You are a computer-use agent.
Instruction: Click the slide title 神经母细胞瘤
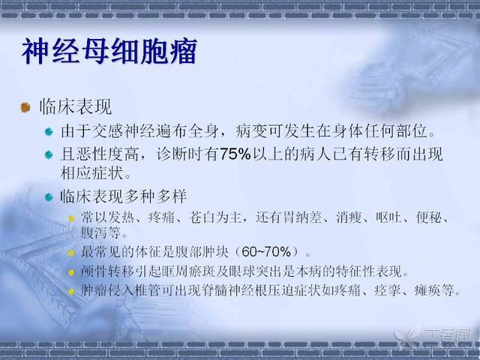pos(109,51)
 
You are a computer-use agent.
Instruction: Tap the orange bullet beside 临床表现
pos(25,107)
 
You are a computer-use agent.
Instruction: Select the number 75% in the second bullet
pos(235,154)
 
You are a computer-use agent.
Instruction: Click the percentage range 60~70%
pos(266,252)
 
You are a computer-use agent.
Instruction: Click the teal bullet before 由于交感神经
pos(49,132)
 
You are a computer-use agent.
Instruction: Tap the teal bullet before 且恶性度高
pos(49,154)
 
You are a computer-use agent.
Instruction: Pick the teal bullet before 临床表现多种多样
pos(49,196)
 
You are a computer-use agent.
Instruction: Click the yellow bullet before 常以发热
pos(71,218)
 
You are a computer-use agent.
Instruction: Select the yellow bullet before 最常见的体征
pos(71,253)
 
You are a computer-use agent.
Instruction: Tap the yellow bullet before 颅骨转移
pos(71,272)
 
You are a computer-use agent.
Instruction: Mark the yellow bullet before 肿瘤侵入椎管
pos(71,292)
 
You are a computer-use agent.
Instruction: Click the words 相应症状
pos(91,173)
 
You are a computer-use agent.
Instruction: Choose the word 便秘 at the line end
pos(428,217)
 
